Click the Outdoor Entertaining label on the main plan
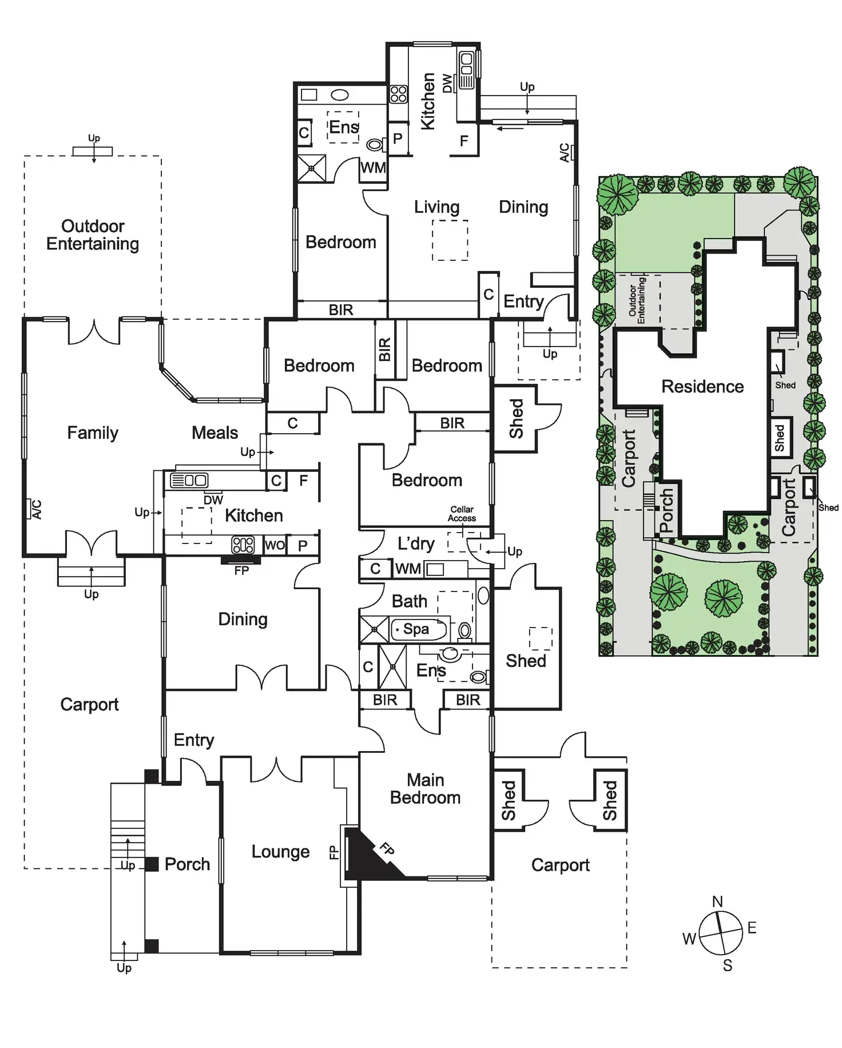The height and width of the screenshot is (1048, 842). point(93,235)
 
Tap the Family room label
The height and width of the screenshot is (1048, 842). point(93,433)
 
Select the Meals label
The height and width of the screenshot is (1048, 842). point(215,433)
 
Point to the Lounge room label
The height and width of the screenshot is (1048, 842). point(280,852)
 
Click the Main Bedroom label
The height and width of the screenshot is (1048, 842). point(425,789)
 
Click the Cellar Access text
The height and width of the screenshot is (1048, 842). point(462,514)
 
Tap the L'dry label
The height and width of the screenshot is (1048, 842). point(416,543)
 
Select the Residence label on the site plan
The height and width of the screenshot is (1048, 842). point(702,387)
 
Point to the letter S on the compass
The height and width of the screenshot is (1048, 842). point(727,966)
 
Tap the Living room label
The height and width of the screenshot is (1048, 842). point(436,207)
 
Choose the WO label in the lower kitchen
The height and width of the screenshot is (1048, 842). point(275,545)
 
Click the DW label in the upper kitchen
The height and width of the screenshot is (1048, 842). point(447,84)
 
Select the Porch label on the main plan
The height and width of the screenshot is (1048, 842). point(187,864)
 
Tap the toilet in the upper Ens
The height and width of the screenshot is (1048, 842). point(375,145)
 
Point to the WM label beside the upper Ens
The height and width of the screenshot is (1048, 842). point(373,168)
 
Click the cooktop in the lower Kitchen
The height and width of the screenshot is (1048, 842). point(243,545)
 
